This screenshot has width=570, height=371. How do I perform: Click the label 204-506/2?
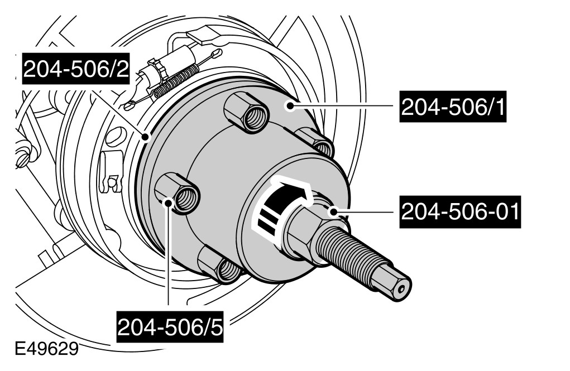click(x=76, y=69)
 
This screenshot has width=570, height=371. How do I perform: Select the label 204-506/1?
click(x=453, y=107)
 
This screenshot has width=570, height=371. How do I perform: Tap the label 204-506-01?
click(x=460, y=212)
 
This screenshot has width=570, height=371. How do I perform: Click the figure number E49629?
click(x=47, y=350)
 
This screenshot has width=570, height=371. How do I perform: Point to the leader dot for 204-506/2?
click(x=146, y=137)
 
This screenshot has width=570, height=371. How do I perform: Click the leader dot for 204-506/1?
click(x=290, y=106)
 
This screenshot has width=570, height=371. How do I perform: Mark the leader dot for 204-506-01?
click(x=334, y=211)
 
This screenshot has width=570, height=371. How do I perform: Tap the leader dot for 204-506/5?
click(x=168, y=202)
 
